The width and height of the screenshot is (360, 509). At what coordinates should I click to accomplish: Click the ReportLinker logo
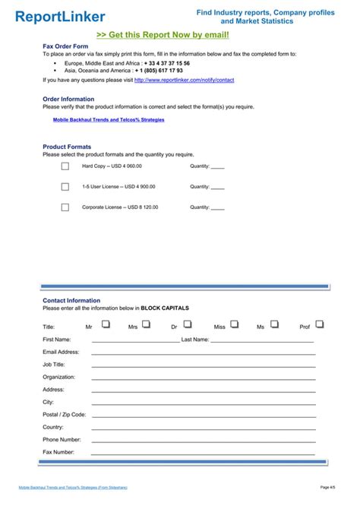click(x=60, y=16)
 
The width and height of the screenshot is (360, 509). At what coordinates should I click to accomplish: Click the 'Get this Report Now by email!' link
click(x=163, y=35)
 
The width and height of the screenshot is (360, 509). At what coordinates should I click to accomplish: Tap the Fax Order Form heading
click(x=65, y=47)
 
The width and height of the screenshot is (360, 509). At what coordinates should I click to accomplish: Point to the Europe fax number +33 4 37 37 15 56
click(x=167, y=63)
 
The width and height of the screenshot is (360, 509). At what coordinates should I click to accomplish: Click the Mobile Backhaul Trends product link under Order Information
click(x=109, y=119)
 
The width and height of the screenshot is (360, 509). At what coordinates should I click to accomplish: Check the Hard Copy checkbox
click(x=65, y=166)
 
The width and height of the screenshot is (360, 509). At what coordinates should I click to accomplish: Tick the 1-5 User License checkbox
click(x=65, y=186)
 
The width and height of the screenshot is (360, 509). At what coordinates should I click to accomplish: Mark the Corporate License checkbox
click(x=65, y=207)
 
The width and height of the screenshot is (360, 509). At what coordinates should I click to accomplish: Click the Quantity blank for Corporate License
click(x=217, y=207)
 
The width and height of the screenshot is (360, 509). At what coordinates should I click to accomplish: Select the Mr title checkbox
click(x=106, y=324)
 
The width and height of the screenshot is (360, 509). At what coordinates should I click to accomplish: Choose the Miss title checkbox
click(x=235, y=324)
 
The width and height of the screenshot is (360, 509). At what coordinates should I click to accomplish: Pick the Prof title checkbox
click(x=320, y=324)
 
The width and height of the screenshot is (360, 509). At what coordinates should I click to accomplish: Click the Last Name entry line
click(x=262, y=341)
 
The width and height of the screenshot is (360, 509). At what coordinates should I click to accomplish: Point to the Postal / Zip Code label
click(x=64, y=415)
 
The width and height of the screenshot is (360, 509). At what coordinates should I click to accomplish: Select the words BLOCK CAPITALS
click(x=165, y=308)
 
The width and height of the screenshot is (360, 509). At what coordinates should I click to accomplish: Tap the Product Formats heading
click(x=67, y=147)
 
